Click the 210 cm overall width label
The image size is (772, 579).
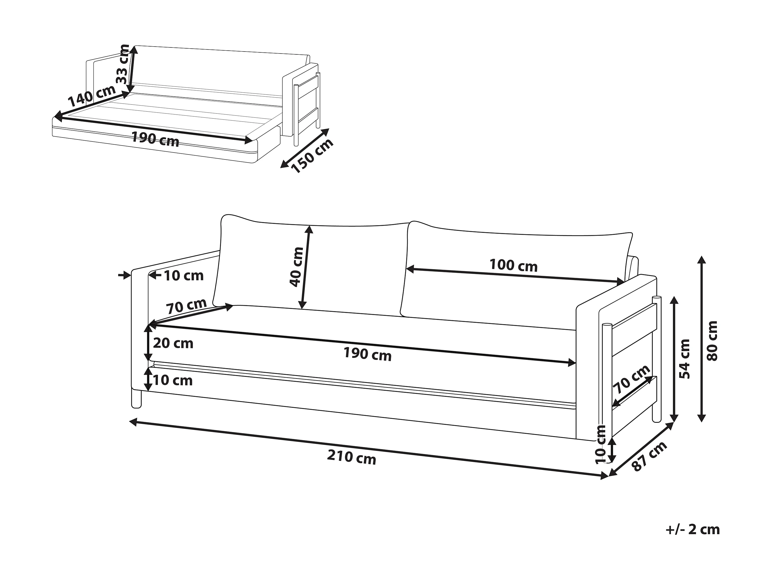tap(351, 457)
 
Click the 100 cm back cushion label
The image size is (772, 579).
tap(513, 265)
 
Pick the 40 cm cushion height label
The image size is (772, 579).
tap(297, 267)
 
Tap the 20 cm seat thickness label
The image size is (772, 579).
tap(173, 343)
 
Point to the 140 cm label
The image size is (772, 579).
tap(91, 96)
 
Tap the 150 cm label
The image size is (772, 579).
tap(312, 156)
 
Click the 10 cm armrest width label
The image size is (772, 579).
tap(184, 276)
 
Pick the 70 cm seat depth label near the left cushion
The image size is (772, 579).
tap(186, 306)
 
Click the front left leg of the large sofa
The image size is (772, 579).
tap(137, 399)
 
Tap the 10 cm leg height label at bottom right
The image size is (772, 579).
tap(601, 444)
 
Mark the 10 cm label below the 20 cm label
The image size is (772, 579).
tap(173, 380)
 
